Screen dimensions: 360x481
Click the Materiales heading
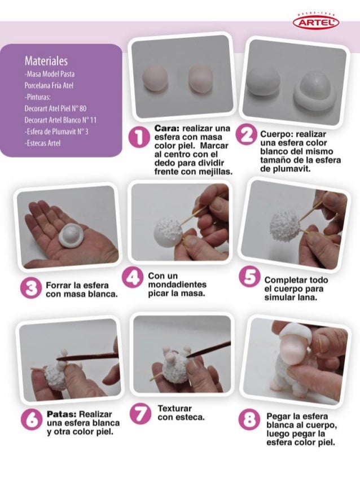tap(46, 60)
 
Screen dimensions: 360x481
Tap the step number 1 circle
tap(138, 137)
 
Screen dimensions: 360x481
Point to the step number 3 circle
tap(30, 288)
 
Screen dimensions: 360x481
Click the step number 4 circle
tap(133, 277)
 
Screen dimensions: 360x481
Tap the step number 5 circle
tap(250, 277)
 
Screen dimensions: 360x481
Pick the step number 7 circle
tap(140, 413)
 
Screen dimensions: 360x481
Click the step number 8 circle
tap(249, 419)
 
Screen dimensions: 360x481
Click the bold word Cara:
tap(167, 128)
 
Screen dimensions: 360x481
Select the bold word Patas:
tap(62, 414)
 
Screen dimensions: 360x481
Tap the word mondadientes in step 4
tap(177, 285)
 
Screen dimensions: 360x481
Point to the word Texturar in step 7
tap(174, 409)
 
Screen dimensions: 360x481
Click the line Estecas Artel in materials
tap(42, 143)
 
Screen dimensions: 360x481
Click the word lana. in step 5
tap(306, 298)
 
